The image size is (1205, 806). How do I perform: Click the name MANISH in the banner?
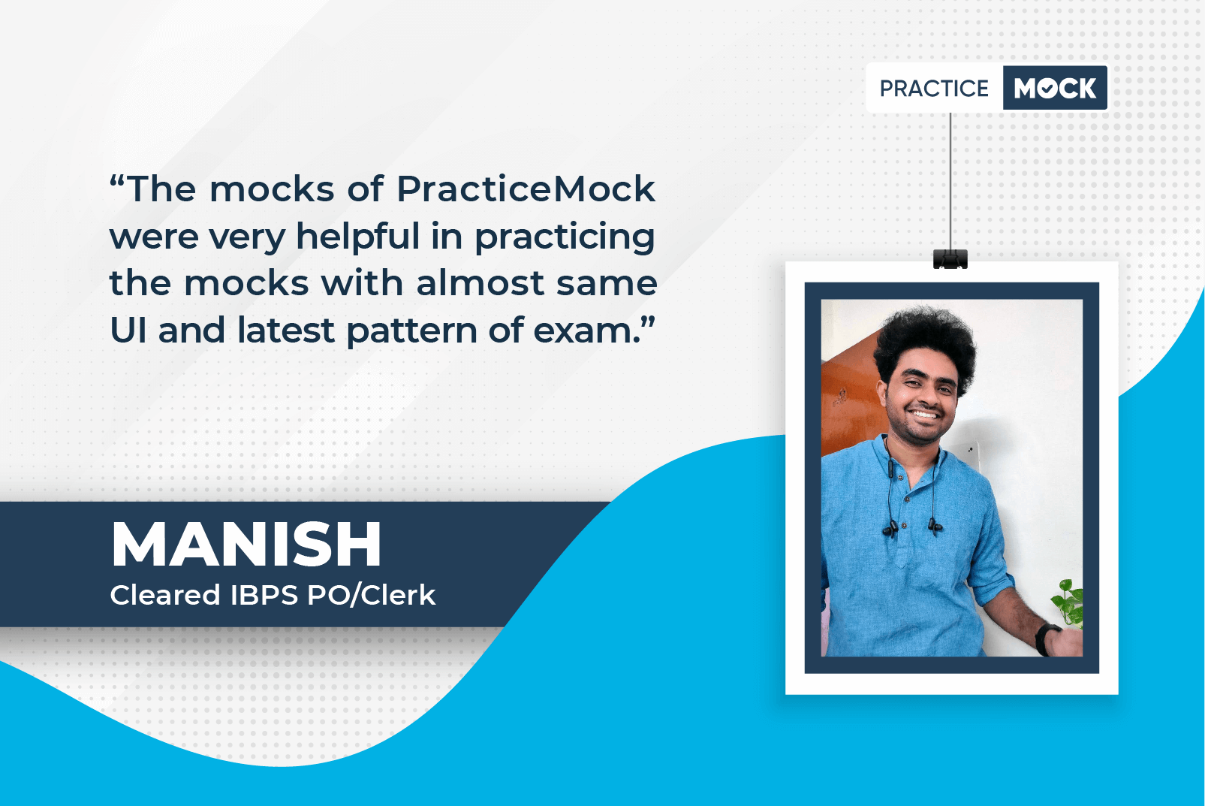pos(246,545)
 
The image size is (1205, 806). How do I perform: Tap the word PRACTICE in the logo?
pos(934,88)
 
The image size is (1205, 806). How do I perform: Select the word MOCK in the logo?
pos(1055,88)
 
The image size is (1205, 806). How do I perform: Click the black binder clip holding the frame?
pos(950,259)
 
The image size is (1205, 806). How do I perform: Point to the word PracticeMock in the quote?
pos(526,189)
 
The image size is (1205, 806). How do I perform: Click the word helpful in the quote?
pos(357,237)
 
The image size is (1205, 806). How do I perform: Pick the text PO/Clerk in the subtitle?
pos(371,595)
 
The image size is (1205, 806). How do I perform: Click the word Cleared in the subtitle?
pos(165,595)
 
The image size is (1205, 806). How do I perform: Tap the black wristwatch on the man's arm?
pos(1047,638)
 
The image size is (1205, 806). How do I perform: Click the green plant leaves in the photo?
pos(1068,602)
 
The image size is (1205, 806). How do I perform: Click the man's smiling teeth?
pos(924,415)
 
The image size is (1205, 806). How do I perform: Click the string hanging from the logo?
pos(950,181)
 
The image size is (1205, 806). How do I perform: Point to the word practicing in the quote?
pos(565,237)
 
